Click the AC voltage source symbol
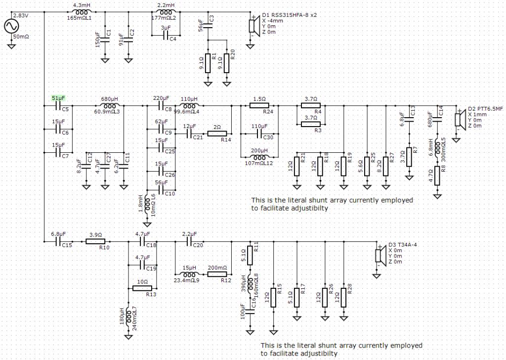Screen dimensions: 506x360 [x=12, y=26]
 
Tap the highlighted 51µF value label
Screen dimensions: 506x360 [x=58, y=98]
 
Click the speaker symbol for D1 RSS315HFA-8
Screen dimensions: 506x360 [x=253, y=26]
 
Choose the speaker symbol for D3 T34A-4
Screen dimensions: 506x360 [x=380, y=255]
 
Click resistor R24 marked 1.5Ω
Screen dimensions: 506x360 [x=259, y=106]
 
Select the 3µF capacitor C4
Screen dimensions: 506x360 [x=166, y=35]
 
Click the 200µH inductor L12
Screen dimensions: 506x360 [x=259, y=158]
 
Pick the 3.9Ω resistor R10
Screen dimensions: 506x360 [x=95, y=241]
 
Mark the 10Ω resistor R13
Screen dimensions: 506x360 [x=142, y=288]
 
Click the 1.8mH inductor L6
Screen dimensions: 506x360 [x=147, y=204]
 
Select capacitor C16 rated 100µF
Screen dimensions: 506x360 [x=250, y=312]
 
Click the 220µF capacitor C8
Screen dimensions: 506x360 [x=161, y=106]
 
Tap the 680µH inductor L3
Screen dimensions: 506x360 [x=110, y=106]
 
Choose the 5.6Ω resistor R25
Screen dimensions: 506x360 [x=367, y=166]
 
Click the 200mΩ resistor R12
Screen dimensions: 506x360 [x=217, y=274]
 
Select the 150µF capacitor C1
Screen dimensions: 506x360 [x=105, y=40]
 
